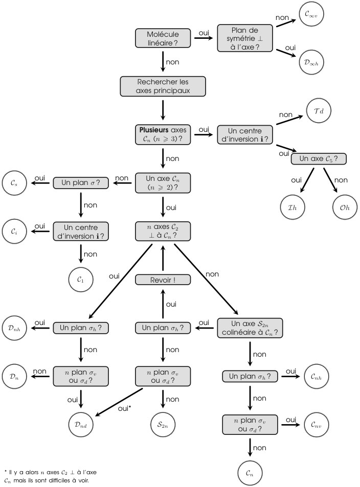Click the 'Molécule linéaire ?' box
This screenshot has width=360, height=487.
(163, 39)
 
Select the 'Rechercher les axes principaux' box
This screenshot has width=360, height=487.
(163, 86)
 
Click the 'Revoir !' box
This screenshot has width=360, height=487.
(163, 280)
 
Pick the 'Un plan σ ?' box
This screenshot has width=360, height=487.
(81, 182)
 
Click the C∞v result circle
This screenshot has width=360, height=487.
(311, 14)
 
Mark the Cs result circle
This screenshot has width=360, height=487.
(15, 182)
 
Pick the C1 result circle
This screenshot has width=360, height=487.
(81, 280)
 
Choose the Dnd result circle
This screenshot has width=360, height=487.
(81, 424)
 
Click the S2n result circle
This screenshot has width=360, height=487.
(163, 424)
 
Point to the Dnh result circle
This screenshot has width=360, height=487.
(15, 328)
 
